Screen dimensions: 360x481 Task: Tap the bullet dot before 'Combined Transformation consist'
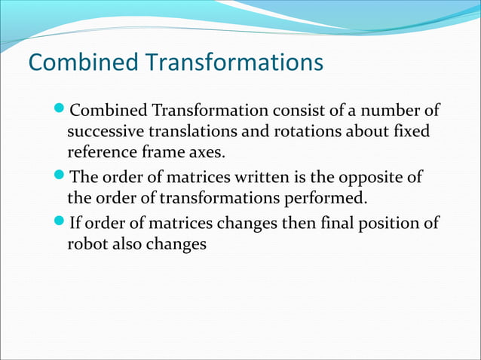pyautogui.click(x=61, y=111)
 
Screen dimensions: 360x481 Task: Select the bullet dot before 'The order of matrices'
pyautogui.click(x=61, y=178)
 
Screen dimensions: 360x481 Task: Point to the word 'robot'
pyautogui.click(x=86, y=245)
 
